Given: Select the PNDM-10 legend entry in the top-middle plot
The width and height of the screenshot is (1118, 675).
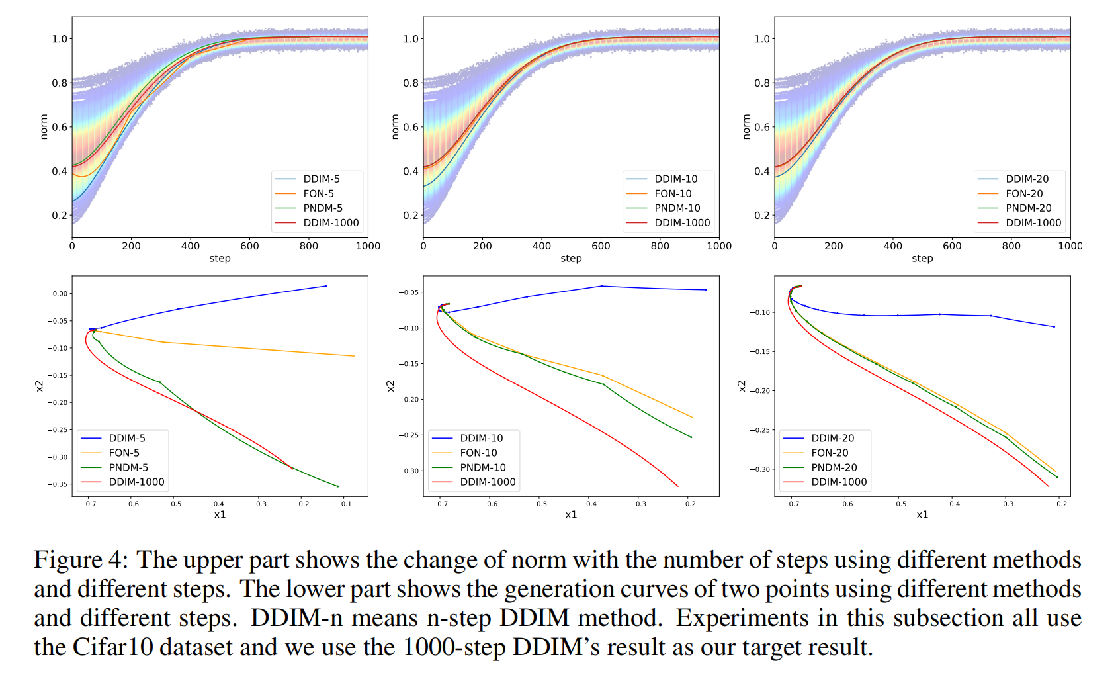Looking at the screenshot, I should click(677, 208).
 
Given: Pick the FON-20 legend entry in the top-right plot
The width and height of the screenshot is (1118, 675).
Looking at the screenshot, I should click(1023, 193).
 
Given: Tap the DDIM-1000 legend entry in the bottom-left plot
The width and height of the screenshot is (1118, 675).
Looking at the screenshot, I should click(136, 482).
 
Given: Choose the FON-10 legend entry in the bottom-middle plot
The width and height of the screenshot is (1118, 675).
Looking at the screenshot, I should click(478, 453).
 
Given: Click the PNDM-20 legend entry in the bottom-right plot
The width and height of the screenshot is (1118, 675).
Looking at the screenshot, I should click(834, 467).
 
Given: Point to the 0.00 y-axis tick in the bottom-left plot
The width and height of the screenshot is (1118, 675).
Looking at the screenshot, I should click(60, 294).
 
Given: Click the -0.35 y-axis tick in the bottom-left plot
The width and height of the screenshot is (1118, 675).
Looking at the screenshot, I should click(57, 484).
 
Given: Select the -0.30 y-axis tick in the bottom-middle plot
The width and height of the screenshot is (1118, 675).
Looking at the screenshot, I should click(408, 471).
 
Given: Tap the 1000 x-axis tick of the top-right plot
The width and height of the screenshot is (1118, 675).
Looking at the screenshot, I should click(1070, 246).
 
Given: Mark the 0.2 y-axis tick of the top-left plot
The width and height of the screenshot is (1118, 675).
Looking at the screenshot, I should click(60, 216).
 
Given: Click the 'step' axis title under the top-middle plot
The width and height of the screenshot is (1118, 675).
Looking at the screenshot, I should click(571, 259).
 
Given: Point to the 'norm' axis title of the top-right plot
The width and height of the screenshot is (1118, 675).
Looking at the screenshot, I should click(746, 126).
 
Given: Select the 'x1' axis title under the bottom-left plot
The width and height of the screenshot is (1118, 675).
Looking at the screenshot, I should click(220, 514).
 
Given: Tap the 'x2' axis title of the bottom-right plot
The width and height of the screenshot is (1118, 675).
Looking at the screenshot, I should click(742, 386).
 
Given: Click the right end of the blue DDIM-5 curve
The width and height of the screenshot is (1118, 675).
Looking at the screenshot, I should click(325, 286).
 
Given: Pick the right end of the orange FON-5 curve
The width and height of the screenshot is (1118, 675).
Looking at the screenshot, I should click(355, 356).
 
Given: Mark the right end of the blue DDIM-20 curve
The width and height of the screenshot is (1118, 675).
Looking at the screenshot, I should click(1054, 326).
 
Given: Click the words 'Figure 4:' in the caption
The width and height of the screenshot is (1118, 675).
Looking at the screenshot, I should click(80, 560).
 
